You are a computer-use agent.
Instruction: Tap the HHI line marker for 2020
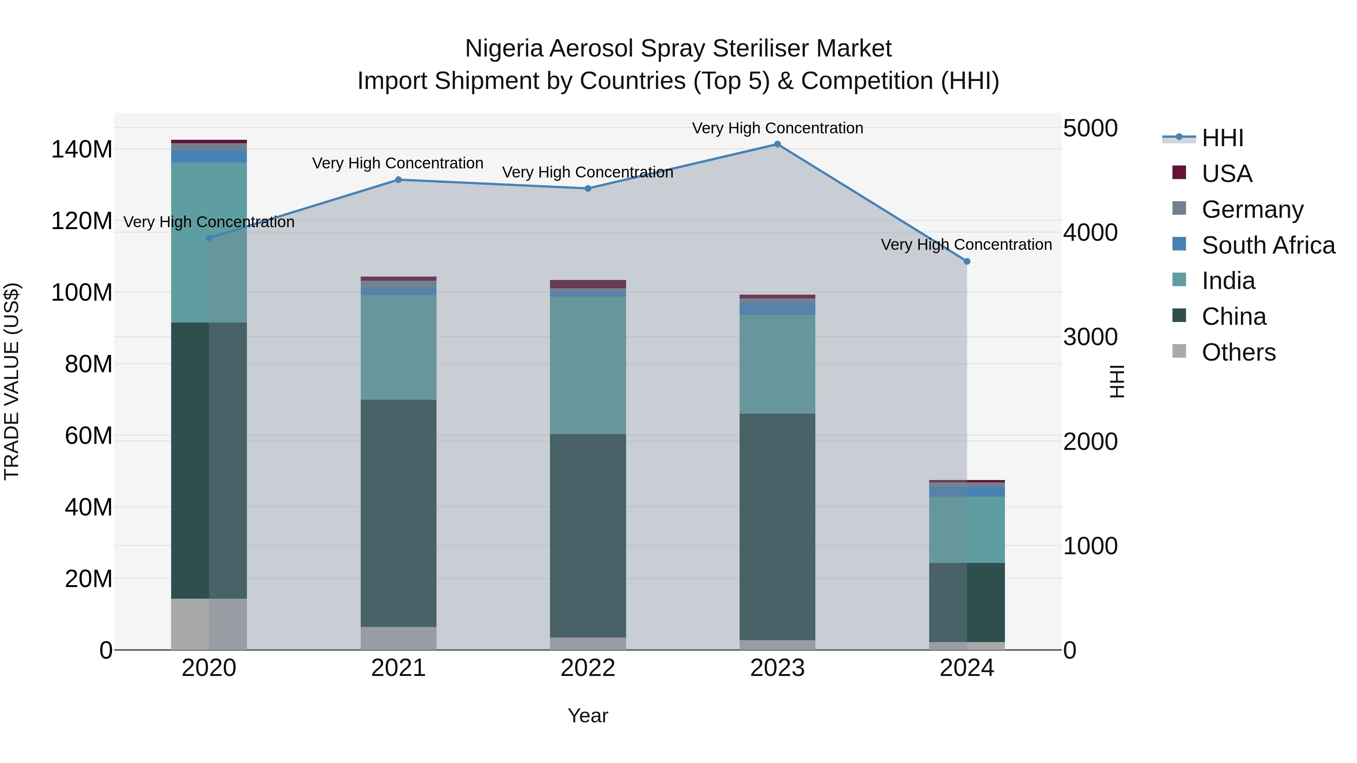(209, 238)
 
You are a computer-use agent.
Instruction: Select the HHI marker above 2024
(966, 261)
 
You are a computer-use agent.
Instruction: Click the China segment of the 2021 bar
(398, 514)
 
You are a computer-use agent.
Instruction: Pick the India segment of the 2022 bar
(588, 365)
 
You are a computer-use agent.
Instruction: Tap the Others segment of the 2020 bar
(209, 624)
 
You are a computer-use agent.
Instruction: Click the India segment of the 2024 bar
(966, 530)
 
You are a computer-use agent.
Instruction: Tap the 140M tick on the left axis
(82, 150)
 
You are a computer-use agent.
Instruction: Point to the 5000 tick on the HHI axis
(1090, 128)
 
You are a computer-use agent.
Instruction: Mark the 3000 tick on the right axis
(1090, 337)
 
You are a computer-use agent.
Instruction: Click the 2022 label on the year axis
(588, 668)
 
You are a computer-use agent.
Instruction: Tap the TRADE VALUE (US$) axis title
(12, 381)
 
